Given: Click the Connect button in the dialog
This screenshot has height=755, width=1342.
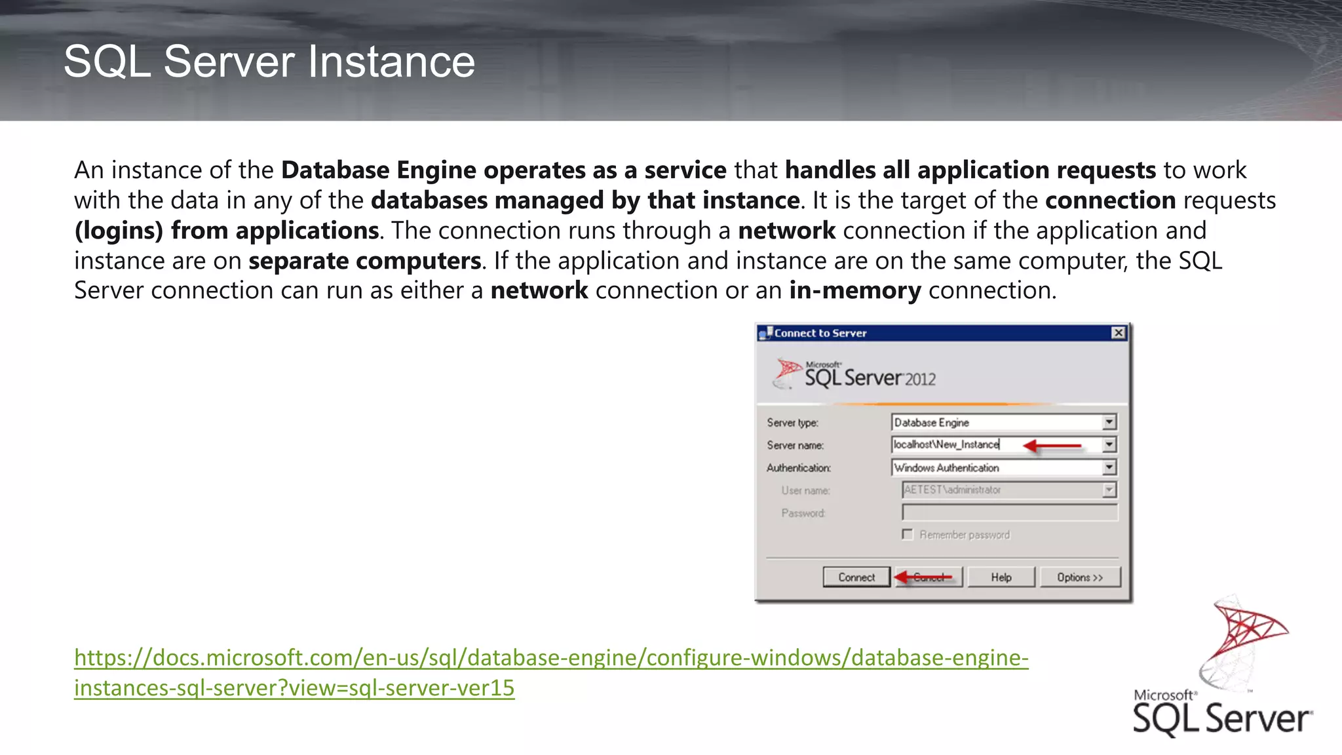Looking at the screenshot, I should [x=856, y=577].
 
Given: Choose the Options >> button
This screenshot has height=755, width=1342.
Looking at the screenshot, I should [x=1080, y=577].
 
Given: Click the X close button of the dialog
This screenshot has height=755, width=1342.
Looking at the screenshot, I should [x=1119, y=333].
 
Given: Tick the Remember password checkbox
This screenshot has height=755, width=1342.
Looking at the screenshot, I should [x=908, y=535].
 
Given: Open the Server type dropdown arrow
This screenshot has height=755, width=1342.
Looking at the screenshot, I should [x=1109, y=423].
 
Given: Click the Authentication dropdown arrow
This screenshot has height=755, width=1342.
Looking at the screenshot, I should [x=1109, y=467].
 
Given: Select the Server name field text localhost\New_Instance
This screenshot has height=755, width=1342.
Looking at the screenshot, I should [x=946, y=444].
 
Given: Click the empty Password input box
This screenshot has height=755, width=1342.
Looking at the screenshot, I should [x=1009, y=513].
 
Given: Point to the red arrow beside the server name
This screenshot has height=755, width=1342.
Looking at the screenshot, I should [x=1052, y=446].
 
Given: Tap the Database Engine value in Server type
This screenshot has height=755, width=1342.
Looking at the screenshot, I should [x=931, y=423].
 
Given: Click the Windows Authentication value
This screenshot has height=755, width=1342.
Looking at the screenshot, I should [x=946, y=468].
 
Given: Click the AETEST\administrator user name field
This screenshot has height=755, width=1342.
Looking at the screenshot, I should [x=952, y=490].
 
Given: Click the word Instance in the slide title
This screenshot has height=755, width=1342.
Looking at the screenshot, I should [x=391, y=62].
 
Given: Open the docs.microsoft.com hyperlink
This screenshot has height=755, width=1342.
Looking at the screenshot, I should [x=550, y=658].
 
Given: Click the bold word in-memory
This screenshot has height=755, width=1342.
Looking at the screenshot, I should [x=855, y=290].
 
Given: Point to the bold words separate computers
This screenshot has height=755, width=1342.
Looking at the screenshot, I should [x=365, y=261].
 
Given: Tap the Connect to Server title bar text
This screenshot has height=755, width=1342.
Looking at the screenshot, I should [x=820, y=333].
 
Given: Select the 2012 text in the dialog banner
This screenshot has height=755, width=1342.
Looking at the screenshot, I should [x=921, y=379].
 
